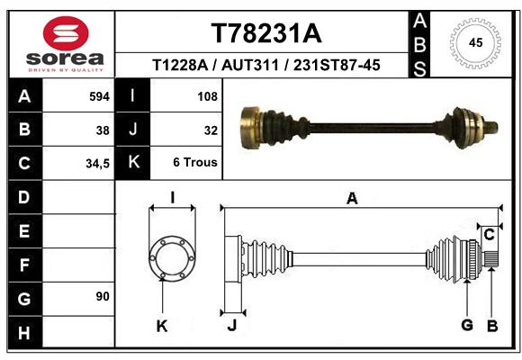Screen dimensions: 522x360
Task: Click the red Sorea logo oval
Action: tap(66, 33)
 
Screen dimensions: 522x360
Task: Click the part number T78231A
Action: tap(266, 33)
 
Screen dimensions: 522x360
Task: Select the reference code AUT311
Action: tap(249, 65)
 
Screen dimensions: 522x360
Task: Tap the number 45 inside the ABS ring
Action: tap(475, 42)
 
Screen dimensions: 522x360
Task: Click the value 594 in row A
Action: tap(99, 96)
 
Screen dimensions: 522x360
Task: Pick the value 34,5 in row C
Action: tap(97, 164)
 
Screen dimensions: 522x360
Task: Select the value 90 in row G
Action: tap(103, 296)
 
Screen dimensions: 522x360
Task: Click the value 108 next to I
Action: tap(207, 96)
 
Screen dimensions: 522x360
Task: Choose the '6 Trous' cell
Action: tap(195, 162)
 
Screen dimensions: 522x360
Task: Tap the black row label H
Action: tap(24, 332)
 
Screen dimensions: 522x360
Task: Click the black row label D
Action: tap(24, 197)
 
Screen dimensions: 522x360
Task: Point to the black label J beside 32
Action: tap(132, 130)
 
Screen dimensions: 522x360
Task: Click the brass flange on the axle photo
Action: tap(250, 127)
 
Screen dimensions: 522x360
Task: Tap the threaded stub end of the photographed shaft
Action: tap(491, 127)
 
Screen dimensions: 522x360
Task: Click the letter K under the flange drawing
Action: tap(162, 327)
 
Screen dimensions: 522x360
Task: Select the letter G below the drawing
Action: tap(467, 325)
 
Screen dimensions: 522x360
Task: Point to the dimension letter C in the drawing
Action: tap(489, 235)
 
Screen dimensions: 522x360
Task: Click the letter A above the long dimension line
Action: tap(352, 199)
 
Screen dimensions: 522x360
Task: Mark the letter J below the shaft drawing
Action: tap(232, 325)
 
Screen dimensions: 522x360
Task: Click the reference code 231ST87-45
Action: tap(337, 65)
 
